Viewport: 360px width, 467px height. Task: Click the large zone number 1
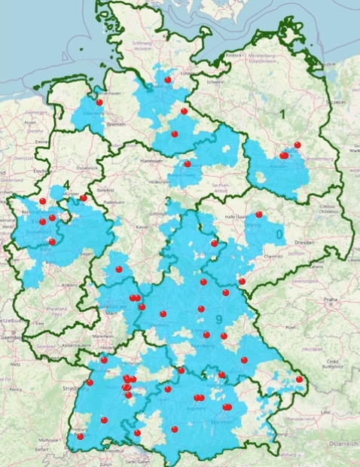[x=282, y=114]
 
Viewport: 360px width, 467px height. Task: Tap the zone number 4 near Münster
[x=67, y=184]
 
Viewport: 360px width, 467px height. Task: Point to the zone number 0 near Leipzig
[x=280, y=234]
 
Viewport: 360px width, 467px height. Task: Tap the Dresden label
[x=305, y=243]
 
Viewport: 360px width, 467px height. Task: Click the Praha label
[x=330, y=299]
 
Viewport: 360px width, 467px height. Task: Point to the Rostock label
[x=234, y=55]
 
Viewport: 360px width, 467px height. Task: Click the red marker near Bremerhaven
[x=99, y=102]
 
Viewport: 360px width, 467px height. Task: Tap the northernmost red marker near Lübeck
[x=168, y=79]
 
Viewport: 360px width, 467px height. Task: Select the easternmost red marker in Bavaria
[x=299, y=379]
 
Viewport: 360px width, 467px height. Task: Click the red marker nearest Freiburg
[x=80, y=436]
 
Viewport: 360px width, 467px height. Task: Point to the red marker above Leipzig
[x=259, y=215]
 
